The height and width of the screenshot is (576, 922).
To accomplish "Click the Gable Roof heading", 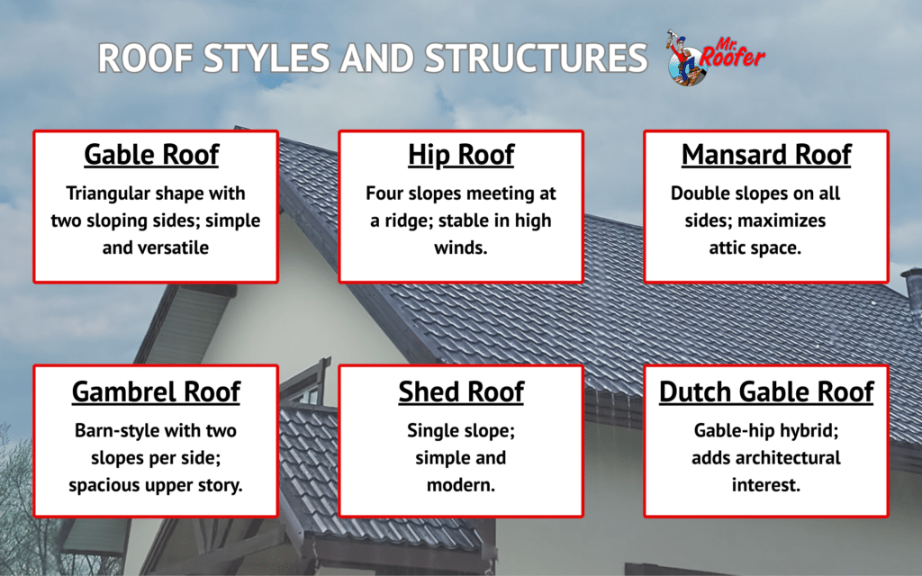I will (151, 155).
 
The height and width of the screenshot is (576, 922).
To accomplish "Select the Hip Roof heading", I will (461, 155).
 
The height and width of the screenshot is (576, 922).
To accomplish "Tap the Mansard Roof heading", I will (766, 155).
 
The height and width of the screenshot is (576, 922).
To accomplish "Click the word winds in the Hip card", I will (461, 247).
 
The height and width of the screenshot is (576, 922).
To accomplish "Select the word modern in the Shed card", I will (461, 484).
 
